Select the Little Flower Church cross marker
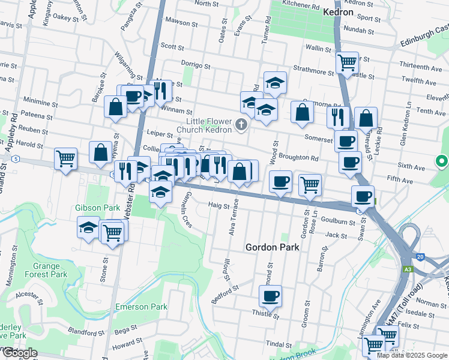tap(241, 125)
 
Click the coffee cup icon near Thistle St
tap(270, 296)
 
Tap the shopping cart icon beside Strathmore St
tap(347, 61)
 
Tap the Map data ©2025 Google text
tap(412, 355)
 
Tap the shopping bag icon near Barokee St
tap(115, 107)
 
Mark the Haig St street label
tap(219, 205)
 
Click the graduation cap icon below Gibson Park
tap(88, 228)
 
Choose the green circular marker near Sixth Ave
tap(442, 161)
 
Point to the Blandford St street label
tap(82, 331)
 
